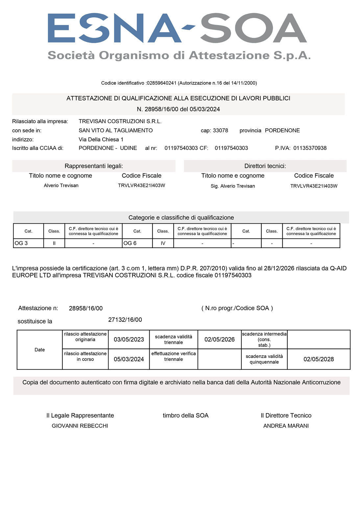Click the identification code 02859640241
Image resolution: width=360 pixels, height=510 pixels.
point(162,83)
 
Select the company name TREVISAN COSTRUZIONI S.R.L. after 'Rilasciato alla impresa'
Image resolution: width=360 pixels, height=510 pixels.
point(120,121)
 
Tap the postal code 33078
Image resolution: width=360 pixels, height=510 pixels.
point(221,131)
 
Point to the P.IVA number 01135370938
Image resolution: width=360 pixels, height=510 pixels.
point(310,148)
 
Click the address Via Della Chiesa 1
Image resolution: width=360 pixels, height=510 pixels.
point(101,140)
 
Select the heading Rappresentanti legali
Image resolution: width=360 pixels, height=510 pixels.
point(94,166)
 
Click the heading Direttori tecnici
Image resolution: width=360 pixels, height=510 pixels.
point(265,166)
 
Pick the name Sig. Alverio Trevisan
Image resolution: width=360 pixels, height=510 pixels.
point(233,186)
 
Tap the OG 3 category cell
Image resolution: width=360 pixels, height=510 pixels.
point(28,243)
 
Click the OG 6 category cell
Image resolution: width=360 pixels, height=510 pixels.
point(137,243)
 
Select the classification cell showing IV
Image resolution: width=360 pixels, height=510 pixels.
point(163,243)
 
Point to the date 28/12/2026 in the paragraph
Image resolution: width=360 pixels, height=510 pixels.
point(279,268)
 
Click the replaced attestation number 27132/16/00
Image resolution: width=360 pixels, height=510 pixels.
point(125,320)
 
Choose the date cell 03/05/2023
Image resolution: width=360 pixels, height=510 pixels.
point(129,340)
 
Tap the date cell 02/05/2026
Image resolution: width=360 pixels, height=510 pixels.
point(220,340)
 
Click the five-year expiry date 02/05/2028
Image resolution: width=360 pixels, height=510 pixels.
point(319,359)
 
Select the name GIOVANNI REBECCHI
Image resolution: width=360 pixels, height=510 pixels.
point(80,426)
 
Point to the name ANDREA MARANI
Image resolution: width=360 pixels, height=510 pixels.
point(286,426)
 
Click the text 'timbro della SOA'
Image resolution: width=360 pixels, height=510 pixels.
point(186,416)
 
